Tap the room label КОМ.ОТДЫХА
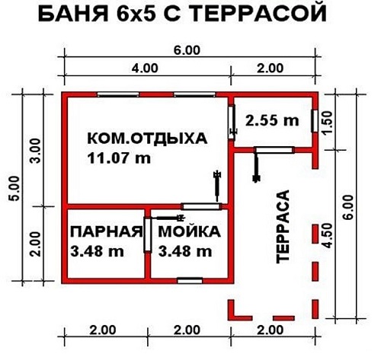coord(147,139)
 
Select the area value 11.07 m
coord(119,158)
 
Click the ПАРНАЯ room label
coord(107,232)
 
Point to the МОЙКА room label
coord(190,232)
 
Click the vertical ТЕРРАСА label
coord(283,227)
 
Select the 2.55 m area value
coord(272,120)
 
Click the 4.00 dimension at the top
coord(145,68)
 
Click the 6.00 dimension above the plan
coord(187,50)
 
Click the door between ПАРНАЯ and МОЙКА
coord(147,234)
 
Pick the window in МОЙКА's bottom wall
coord(190,281)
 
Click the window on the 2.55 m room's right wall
coord(315,121)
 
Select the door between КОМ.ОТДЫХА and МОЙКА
coord(201,206)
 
